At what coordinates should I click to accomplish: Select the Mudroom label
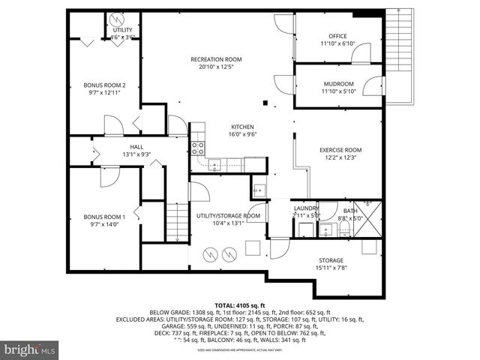click(x=337, y=84)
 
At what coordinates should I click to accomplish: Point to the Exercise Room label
click(x=340, y=150)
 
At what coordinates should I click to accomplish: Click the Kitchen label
click(x=241, y=127)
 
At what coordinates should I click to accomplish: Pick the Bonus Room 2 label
click(x=104, y=85)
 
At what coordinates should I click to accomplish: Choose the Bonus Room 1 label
click(x=104, y=217)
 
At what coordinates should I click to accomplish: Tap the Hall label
click(x=136, y=147)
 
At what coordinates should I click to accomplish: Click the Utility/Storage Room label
click(x=228, y=216)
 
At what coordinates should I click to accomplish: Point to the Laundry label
click(x=306, y=208)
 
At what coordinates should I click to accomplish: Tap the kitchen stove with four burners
click(x=198, y=148)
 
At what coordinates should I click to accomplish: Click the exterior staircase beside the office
click(x=399, y=52)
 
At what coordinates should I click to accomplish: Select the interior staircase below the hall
click(x=176, y=223)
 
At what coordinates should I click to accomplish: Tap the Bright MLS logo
click(x=30, y=349)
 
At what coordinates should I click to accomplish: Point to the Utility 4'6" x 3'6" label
click(x=122, y=32)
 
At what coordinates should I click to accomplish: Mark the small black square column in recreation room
click(x=265, y=103)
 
